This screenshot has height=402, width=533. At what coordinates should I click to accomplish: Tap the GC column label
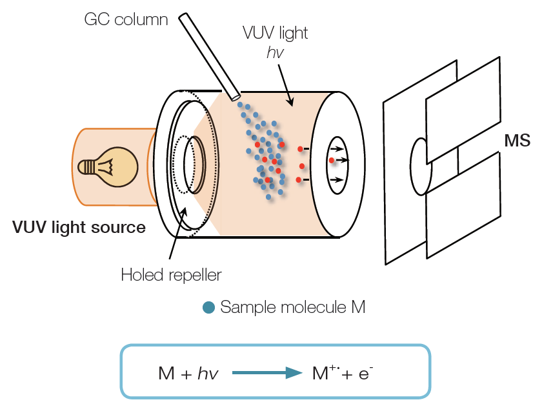click(x=126, y=20)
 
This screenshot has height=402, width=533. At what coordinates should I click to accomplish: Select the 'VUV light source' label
click(x=79, y=227)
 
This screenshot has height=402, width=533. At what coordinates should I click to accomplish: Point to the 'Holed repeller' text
click(x=171, y=276)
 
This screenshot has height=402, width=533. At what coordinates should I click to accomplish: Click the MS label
click(x=518, y=141)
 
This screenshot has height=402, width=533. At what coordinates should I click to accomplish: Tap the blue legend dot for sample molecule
click(x=208, y=308)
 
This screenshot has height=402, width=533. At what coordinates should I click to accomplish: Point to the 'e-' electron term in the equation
click(x=365, y=372)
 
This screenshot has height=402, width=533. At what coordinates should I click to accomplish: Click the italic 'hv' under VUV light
click(x=276, y=52)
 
